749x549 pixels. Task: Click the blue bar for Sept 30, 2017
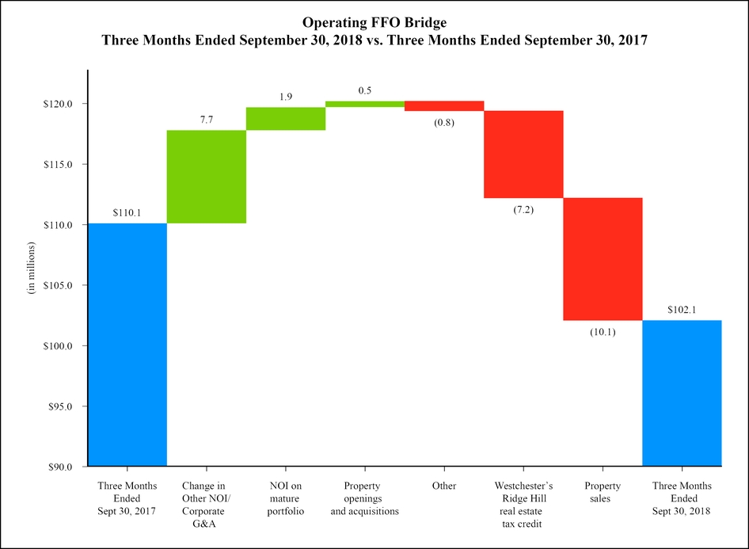click(127, 345)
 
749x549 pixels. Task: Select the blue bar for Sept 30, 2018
click(681, 393)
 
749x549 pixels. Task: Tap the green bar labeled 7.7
click(206, 177)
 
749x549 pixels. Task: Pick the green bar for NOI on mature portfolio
click(285, 118)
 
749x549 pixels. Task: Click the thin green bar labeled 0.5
click(364, 104)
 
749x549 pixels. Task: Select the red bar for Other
click(443, 106)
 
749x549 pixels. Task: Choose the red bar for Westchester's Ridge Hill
click(523, 154)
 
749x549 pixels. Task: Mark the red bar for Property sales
click(602, 259)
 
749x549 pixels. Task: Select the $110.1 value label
click(127, 212)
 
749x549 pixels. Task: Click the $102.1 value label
click(681, 309)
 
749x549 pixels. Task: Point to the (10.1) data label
click(602, 332)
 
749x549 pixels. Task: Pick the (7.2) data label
click(523, 210)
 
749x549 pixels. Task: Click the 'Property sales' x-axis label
click(602, 492)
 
